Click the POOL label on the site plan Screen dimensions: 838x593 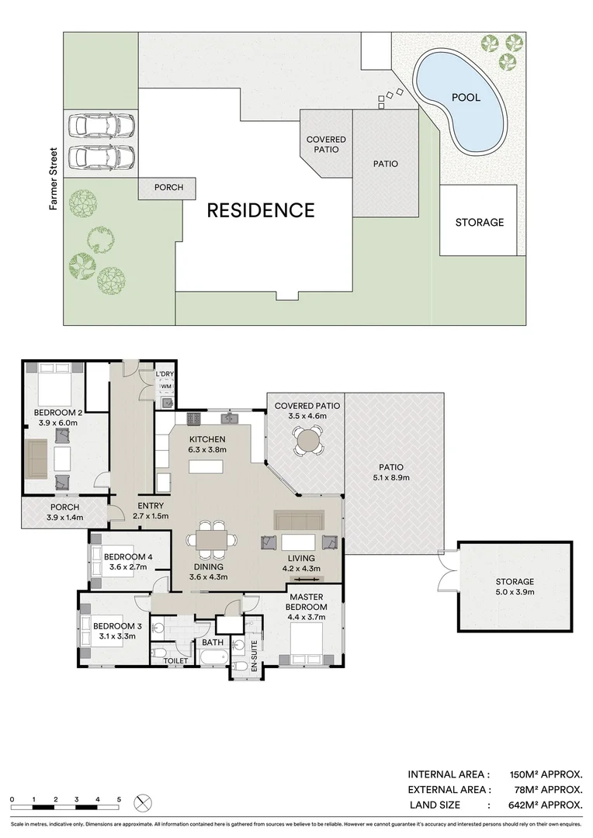pyautogui.click(x=466, y=98)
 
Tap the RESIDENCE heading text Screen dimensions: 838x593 pyautogui.click(x=260, y=209)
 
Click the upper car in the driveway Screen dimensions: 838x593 pyautogui.click(x=101, y=125)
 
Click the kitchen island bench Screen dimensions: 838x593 pyautogui.click(x=205, y=466)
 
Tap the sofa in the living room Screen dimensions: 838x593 pyautogui.click(x=299, y=519)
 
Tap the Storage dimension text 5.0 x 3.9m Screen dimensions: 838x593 pyautogui.click(x=515, y=593)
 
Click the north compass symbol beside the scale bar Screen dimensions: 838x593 pyautogui.click(x=144, y=802)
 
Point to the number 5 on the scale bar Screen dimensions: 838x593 pyautogui.click(x=119, y=798)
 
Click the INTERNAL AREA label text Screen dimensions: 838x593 pyautogui.click(x=449, y=774)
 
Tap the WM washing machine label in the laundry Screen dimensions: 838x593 pyautogui.click(x=165, y=386)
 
